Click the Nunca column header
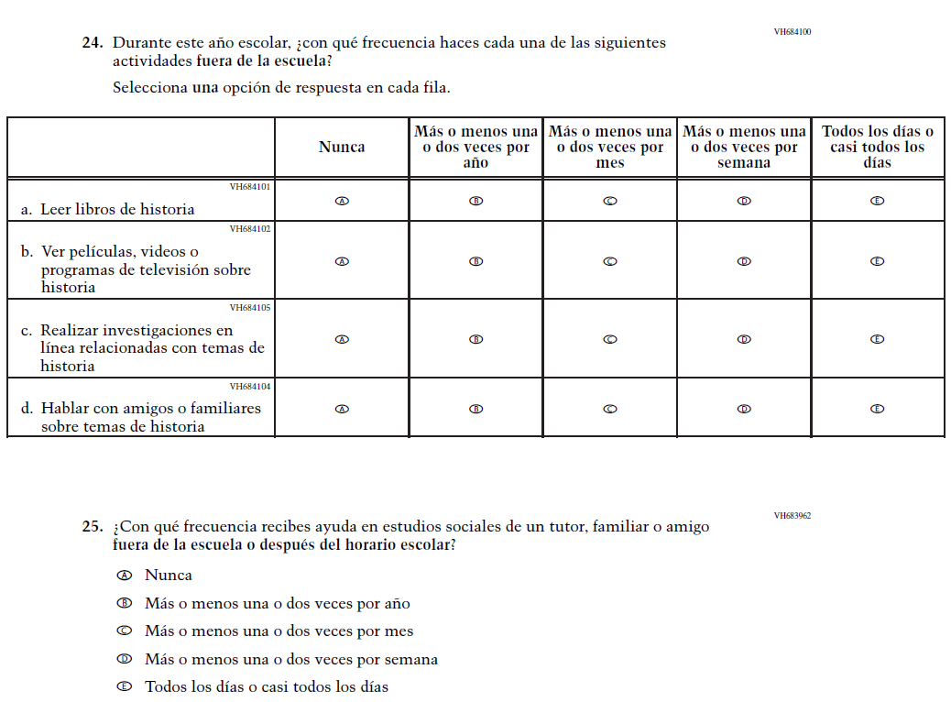tap(342, 147)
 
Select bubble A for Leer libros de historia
tap(342, 201)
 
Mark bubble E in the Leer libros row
tap(877, 201)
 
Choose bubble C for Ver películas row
tap(609, 261)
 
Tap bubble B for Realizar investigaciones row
tap(475, 339)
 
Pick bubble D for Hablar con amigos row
tap(744, 409)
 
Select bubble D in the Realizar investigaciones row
tap(744, 339)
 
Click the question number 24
tap(92, 43)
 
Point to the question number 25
tap(92, 527)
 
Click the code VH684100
tap(792, 32)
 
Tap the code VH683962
tap(792, 516)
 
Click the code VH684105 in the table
tap(250, 308)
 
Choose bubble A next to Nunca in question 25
tap(124, 576)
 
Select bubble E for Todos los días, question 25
tap(124, 686)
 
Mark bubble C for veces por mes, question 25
tap(124, 631)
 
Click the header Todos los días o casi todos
tap(877, 147)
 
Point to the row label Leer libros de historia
tap(117, 209)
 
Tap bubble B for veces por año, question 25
tap(124, 603)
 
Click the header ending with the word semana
tap(744, 147)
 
